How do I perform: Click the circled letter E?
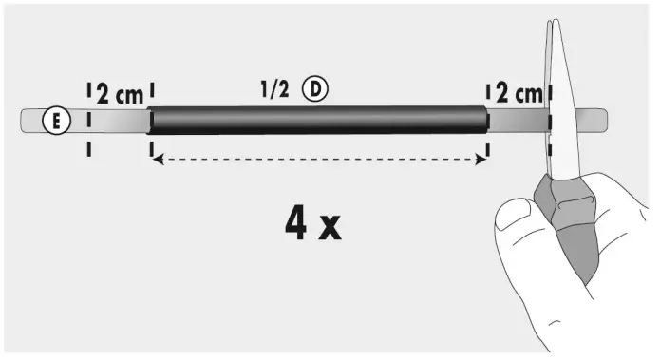(56, 121)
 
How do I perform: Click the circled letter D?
(315, 89)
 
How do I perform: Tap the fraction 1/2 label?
(274, 89)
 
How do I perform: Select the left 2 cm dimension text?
(120, 94)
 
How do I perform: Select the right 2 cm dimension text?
(519, 93)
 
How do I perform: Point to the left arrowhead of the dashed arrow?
(158, 160)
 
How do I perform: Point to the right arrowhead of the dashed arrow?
(481, 160)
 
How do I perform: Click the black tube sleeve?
(318, 121)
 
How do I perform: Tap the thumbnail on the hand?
(513, 213)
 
